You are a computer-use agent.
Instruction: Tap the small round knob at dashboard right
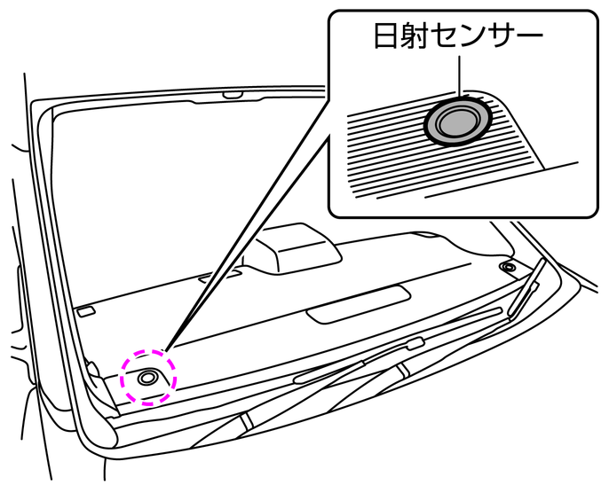click(x=507, y=267)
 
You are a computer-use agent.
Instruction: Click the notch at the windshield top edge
click(x=233, y=93)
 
